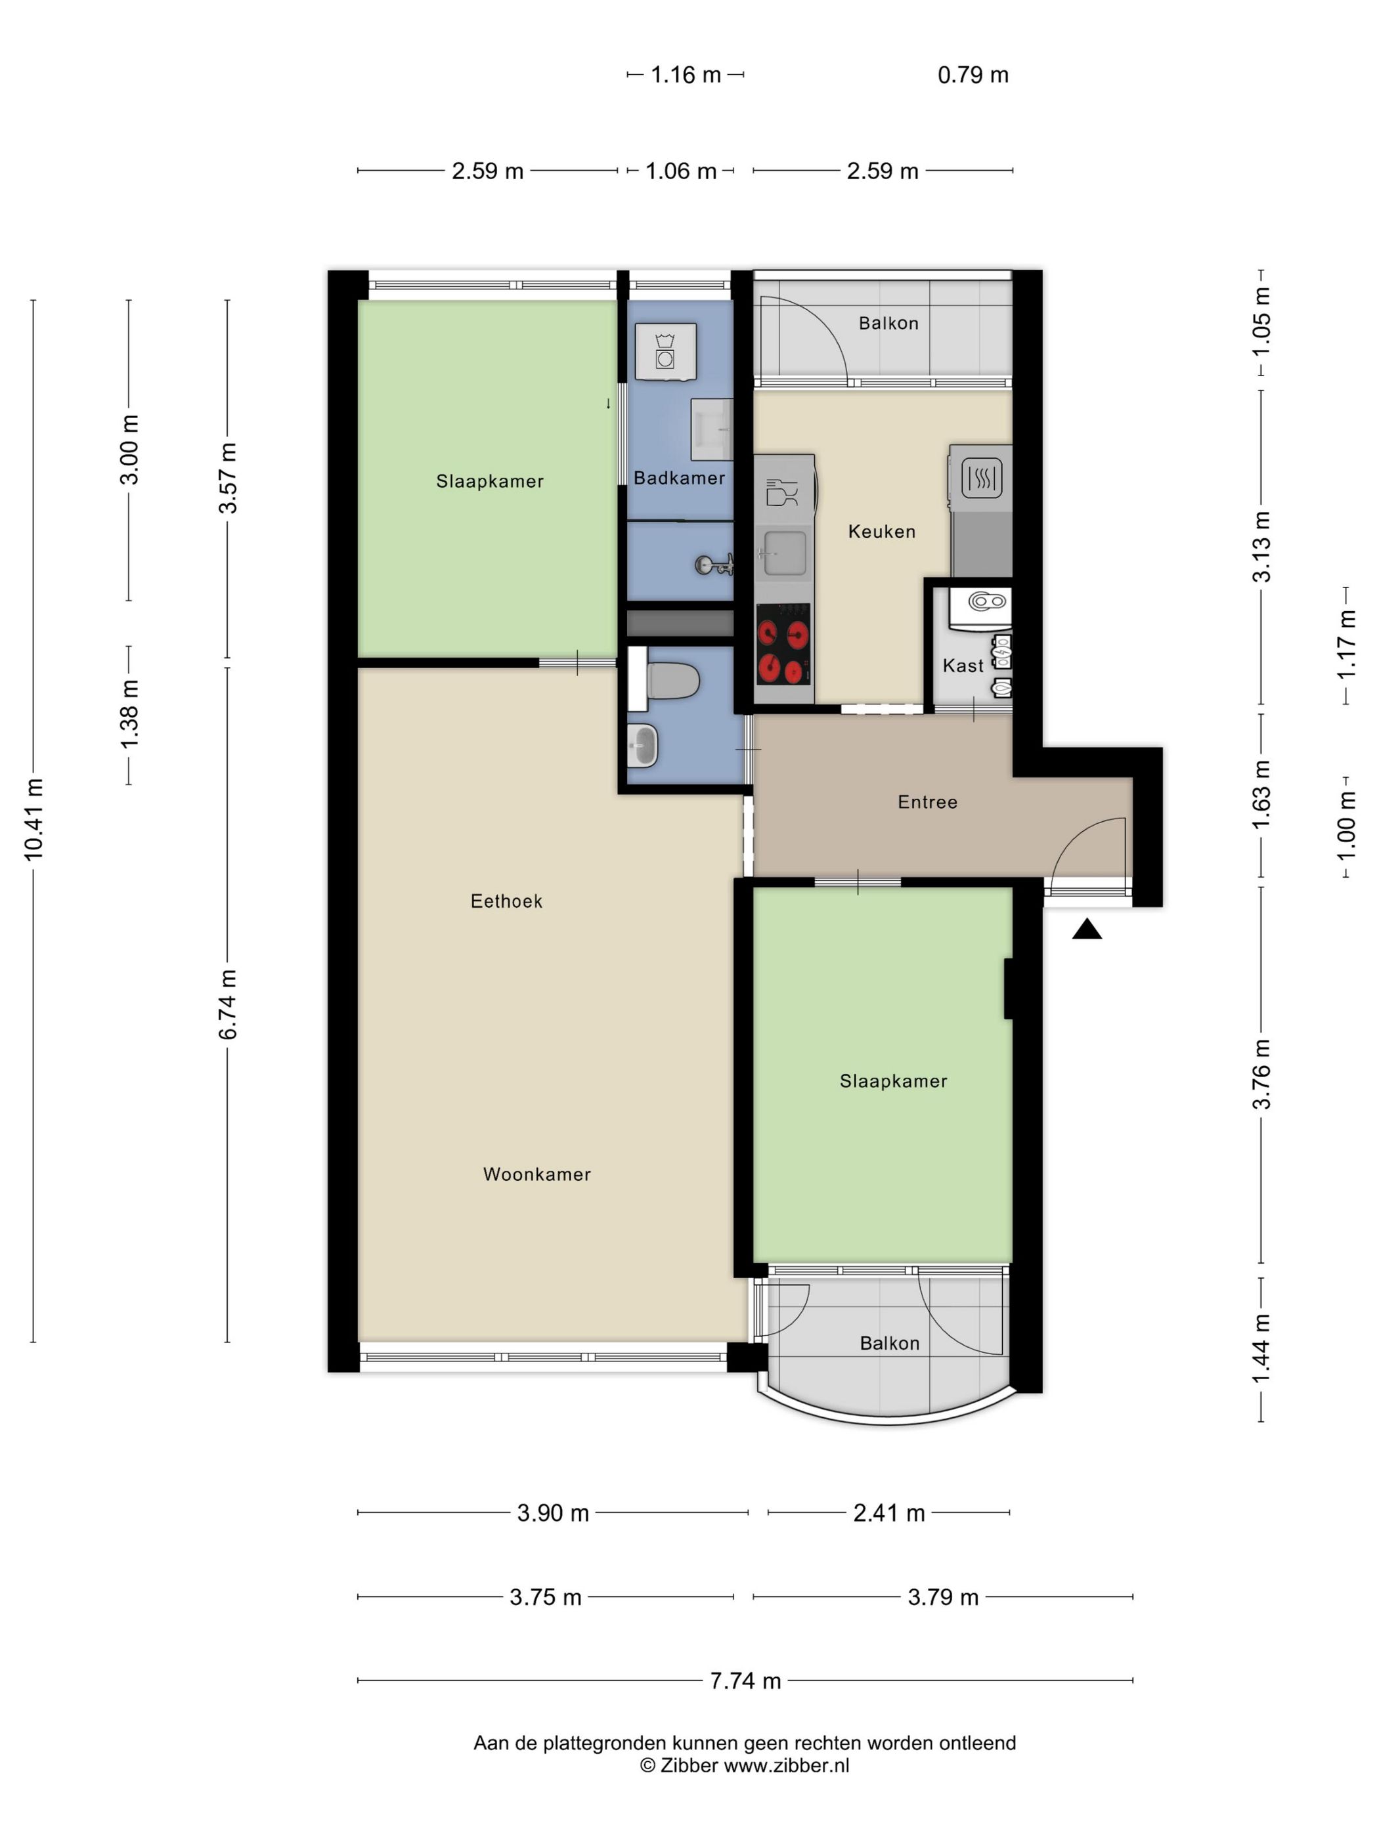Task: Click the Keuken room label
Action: point(881,532)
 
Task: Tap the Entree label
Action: point(927,802)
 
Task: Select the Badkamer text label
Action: point(679,478)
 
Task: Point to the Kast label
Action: point(963,666)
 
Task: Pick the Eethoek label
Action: point(506,901)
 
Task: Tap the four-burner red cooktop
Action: point(783,644)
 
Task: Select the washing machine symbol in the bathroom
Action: point(665,351)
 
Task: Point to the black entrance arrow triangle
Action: point(1086,929)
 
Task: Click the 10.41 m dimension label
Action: point(34,819)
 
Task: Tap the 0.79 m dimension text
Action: point(973,75)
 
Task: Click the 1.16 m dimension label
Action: point(685,75)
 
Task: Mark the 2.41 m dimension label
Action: point(888,1513)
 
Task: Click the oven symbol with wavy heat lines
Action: point(981,479)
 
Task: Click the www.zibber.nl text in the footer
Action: point(786,1766)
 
